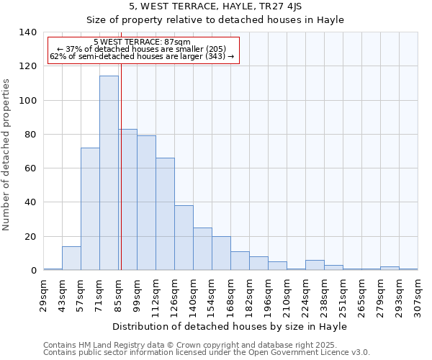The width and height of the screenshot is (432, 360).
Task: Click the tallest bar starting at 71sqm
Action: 109,173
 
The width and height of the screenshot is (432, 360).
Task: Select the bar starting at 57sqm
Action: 90,209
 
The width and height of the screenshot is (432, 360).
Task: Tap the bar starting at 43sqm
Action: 71,258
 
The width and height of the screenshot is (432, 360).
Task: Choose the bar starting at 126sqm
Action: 184,238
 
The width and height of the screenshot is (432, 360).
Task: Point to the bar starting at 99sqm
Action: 146,203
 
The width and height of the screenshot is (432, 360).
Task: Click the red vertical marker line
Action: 121,180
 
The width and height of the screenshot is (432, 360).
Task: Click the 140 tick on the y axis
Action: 28,32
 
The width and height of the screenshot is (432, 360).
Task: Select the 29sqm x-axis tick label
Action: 44,293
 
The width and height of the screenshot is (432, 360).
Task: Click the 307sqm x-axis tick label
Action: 418,293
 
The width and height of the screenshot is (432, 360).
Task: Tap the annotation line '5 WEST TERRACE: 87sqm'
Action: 142,42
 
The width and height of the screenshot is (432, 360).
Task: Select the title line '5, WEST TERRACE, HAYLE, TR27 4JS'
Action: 215,6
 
